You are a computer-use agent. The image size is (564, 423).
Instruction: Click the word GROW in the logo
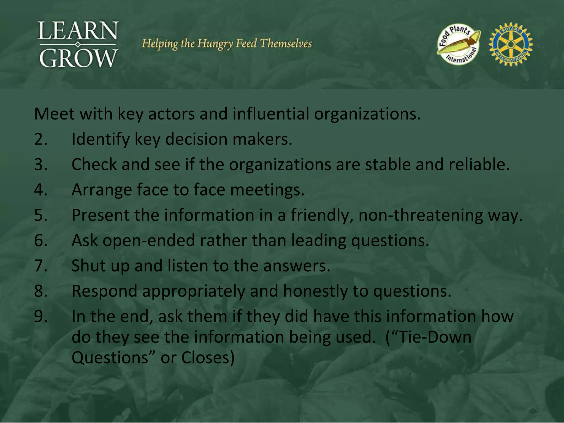(x=78, y=58)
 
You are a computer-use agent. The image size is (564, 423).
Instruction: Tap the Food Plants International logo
(x=459, y=44)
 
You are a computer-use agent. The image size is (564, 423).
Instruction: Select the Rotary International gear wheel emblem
(x=511, y=44)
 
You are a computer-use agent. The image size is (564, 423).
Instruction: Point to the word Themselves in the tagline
(x=286, y=44)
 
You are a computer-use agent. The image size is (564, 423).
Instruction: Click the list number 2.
(x=41, y=139)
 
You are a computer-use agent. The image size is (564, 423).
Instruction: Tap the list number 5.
(x=41, y=215)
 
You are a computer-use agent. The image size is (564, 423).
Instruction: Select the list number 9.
(x=41, y=316)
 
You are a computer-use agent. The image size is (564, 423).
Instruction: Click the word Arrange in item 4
(x=102, y=190)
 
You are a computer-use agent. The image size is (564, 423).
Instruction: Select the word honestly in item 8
(x=315, y=291)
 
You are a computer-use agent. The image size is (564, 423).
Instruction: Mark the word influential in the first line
(x=271, y=114)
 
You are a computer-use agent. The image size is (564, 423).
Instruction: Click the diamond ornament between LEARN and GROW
(x=78, y=44)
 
